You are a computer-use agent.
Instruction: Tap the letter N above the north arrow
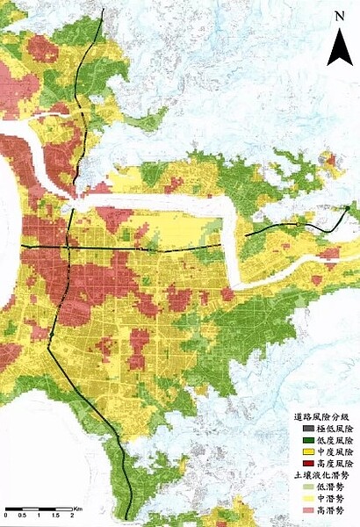[x=339, y=17]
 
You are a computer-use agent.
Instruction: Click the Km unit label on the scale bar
[x=77, y=509]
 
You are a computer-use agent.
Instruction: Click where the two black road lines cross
[x=68, y=249]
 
